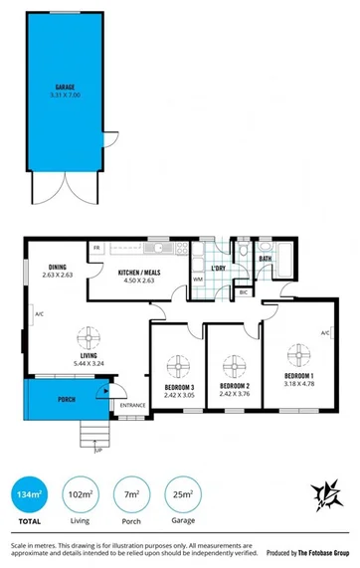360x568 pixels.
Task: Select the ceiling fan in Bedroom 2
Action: [x=235, y=362]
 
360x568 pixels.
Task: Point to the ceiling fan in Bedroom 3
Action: [x=177, y=362]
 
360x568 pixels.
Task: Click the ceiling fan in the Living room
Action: [x=88, y=336]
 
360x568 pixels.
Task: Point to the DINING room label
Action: [x=57, y=266]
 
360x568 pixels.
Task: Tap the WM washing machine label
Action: [x=198, y=280]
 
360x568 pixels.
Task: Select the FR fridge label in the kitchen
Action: [x=97, y=247]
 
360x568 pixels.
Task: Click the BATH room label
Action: [x=266, y=259]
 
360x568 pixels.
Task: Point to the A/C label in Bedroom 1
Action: [x=325, y=333]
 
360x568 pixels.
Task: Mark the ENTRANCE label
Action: [x=132, y=405]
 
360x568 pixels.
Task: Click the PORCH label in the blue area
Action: [x=66, y=399]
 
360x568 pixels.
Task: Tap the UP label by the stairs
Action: [x=97, y=451]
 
